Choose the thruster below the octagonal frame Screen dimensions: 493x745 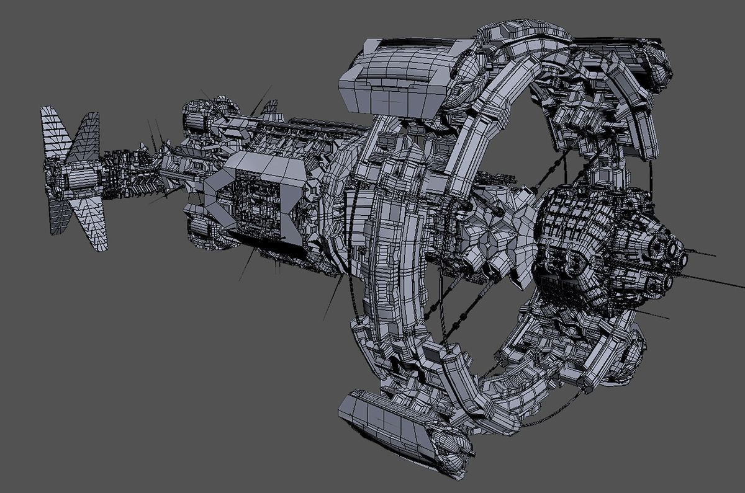(x=211, y=236)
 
